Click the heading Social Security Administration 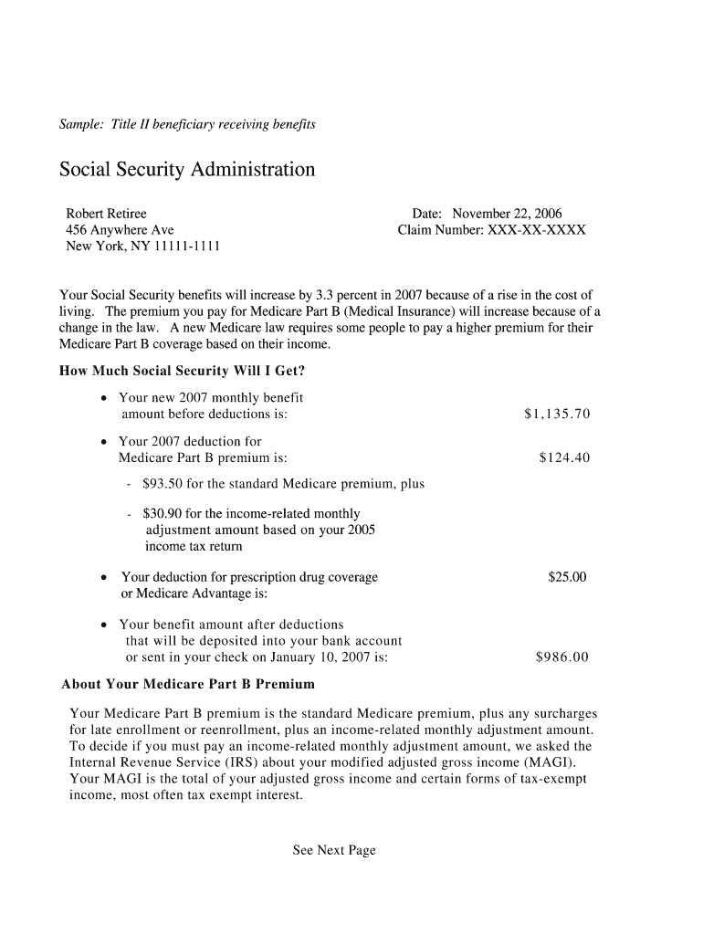coord(187,170)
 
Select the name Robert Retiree coord(106,214)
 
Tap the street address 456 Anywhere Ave coord(120,230)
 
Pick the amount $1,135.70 coord(557,415)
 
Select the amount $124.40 coord(564,458)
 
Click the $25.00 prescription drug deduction coord(567,577)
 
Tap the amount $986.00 coord(562,657)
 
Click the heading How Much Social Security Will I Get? coord(182,371)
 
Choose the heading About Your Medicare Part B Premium coord(188,684)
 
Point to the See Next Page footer coord(334,850)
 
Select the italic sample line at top coord(187,124)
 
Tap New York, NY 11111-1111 coord(142,247)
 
